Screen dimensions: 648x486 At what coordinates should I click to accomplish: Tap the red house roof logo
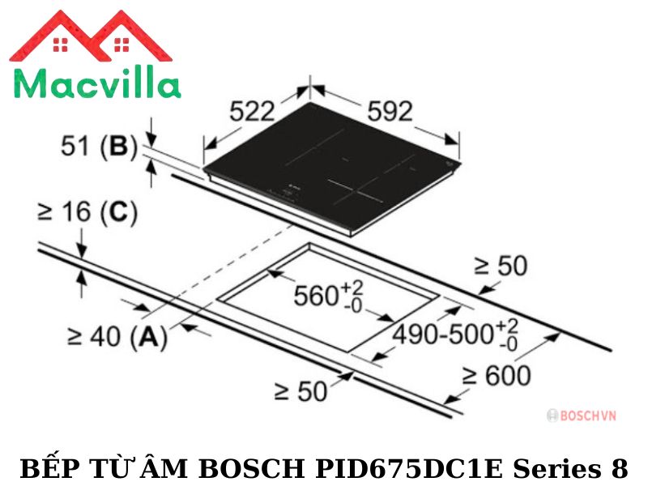coord(91,36)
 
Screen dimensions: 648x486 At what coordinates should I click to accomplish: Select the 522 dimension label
coord(252,111)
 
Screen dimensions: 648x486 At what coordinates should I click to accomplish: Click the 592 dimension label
coord(390,111)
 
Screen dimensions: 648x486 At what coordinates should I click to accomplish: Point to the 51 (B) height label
coord(99,147)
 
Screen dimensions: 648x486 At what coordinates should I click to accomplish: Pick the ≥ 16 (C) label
coord(87,213)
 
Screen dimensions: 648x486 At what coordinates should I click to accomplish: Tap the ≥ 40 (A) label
coord(117,336)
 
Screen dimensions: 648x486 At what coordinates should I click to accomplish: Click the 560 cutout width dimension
coord(329,296)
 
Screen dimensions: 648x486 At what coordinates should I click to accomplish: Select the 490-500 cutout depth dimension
coord(455,334)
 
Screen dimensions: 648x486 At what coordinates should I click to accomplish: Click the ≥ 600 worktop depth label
coord(496,376)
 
